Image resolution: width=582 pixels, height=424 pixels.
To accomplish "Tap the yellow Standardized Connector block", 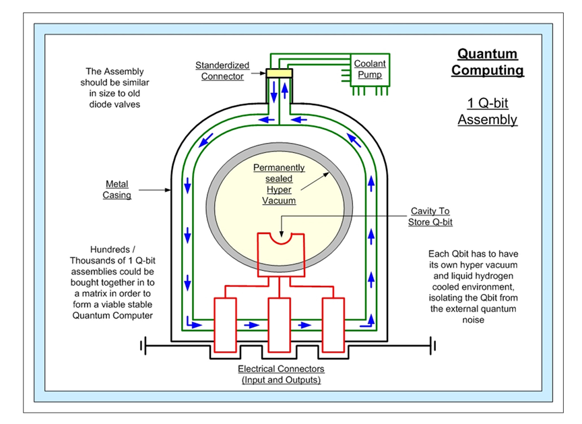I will tap(278, 72).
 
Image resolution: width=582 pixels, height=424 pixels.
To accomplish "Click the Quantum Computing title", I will tap(487, 62).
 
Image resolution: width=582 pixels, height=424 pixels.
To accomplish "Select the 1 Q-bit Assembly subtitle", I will tap(487, 111).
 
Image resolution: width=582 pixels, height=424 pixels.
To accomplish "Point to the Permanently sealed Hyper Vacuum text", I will tap(278, 184).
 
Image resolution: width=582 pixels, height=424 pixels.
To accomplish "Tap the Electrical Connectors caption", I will tap(282, 374).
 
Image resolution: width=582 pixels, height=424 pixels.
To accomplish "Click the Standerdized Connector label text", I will tap(222, 71).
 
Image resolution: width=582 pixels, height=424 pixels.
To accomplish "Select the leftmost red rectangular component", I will tap(224, 324).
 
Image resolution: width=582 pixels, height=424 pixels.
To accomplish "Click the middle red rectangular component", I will tap(279, 324).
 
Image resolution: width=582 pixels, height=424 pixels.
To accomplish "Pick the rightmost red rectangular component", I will tap(333, 324).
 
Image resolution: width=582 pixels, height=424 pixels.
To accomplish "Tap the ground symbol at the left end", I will tap(143, 346).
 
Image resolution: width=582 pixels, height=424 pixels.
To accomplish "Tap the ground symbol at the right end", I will tap(433, 346).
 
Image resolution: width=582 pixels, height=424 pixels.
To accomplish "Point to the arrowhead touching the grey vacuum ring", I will tap(328, 173).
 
